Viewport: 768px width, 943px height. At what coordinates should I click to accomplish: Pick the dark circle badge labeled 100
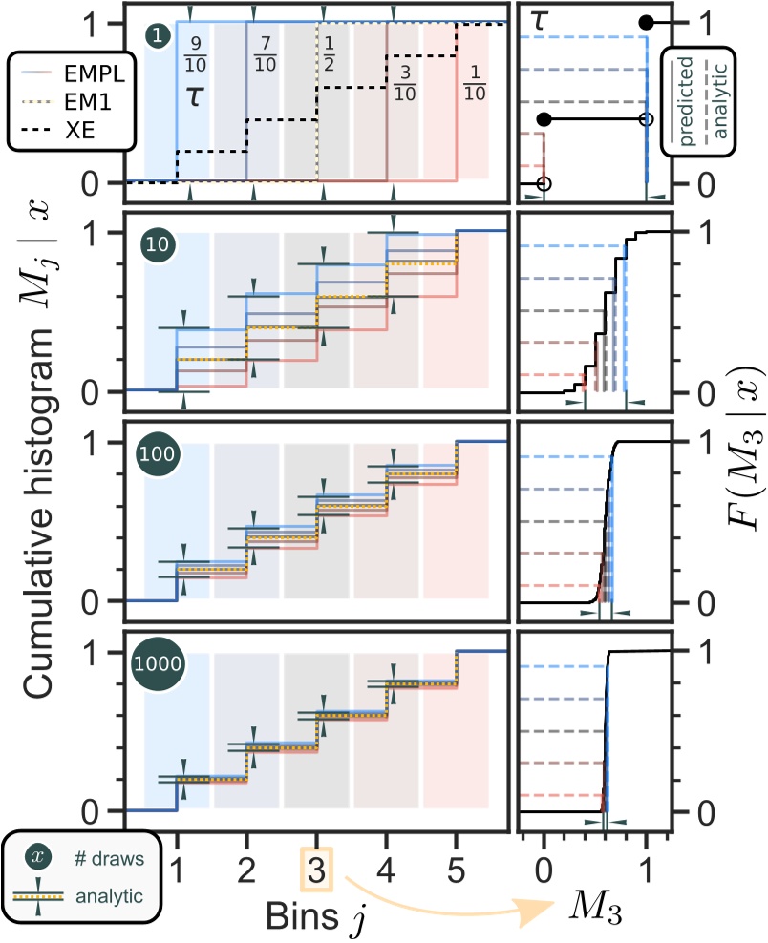click(160, 454)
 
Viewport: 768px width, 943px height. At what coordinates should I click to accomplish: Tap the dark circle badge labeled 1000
click(160, 663)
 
